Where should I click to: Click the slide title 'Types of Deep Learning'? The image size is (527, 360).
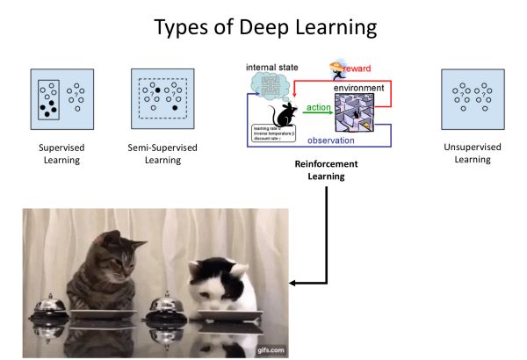coord(263,27)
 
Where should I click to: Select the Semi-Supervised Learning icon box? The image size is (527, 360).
coord(161,98)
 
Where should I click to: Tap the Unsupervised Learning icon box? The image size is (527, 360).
coord(473,98)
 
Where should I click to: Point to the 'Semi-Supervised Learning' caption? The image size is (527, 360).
coord(161,154)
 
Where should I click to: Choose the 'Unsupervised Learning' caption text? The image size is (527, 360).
coord(473,154)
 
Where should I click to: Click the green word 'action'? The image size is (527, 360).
coord(317,108)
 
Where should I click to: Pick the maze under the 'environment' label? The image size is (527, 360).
coord(359,112)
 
